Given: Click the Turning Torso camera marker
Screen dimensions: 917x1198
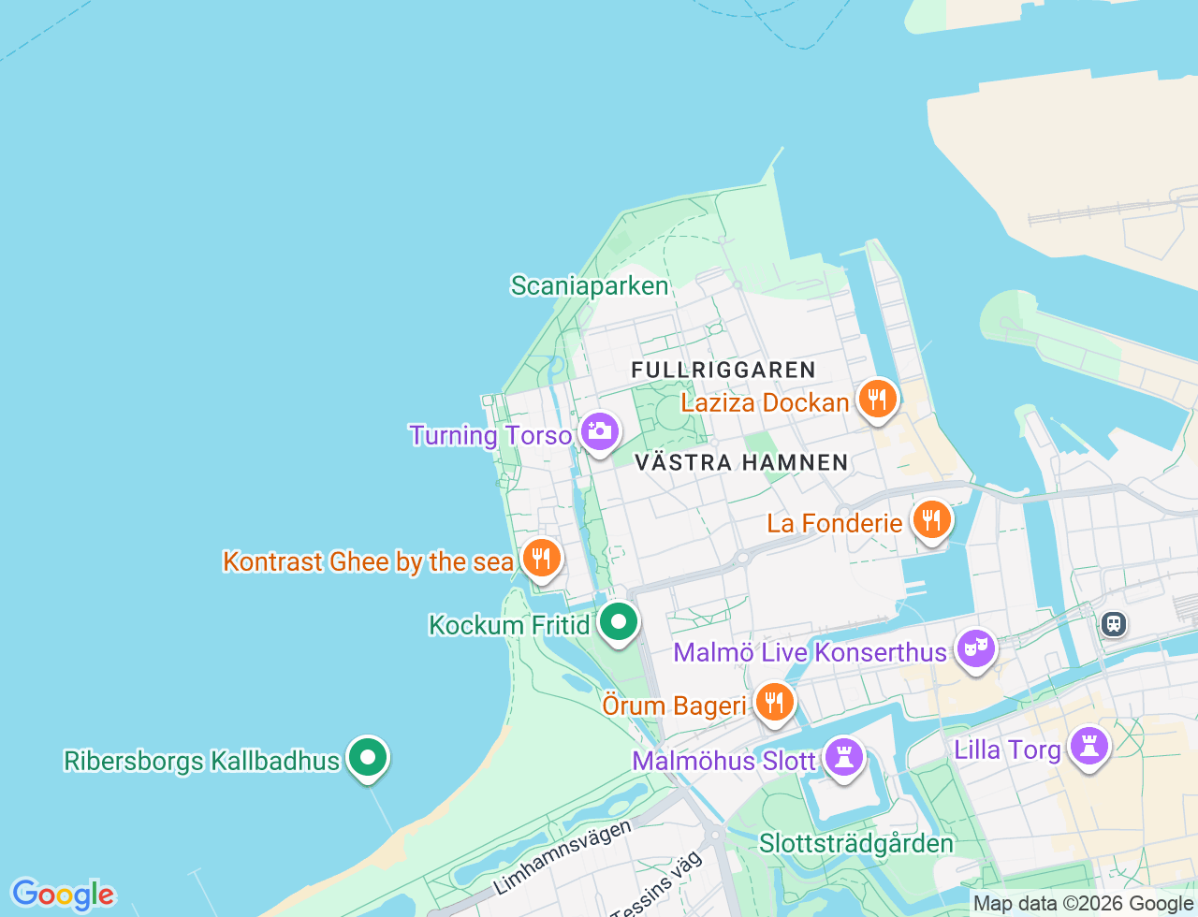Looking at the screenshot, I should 599,432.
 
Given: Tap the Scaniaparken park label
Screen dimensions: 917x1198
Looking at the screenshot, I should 590,286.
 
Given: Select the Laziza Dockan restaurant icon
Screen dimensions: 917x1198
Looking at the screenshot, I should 877,400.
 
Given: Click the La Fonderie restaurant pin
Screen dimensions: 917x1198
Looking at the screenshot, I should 930,519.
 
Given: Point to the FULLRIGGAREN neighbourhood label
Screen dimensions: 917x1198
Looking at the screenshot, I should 723,371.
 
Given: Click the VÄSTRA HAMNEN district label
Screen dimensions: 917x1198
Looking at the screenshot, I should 741,462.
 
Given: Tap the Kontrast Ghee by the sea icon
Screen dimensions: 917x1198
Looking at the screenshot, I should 541,559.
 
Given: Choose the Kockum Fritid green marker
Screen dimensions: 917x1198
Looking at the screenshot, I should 618,622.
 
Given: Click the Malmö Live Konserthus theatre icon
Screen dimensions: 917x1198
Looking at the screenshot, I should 975,648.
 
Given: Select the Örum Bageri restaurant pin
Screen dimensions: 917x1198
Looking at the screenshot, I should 773,702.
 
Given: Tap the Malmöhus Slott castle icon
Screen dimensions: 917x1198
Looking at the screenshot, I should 843,757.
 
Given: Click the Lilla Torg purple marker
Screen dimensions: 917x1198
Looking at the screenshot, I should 1089,747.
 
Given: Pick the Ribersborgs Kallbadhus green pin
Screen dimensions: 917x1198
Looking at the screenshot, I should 368,757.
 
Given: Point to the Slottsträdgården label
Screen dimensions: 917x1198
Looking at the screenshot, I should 855,844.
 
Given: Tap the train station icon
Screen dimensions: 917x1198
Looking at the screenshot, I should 1113,623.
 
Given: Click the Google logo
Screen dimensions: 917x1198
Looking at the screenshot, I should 63,895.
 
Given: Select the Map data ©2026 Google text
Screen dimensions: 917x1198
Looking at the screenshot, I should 1083,904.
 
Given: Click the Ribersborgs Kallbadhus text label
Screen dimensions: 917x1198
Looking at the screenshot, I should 201,761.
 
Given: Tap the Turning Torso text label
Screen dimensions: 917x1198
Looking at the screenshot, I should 490,436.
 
